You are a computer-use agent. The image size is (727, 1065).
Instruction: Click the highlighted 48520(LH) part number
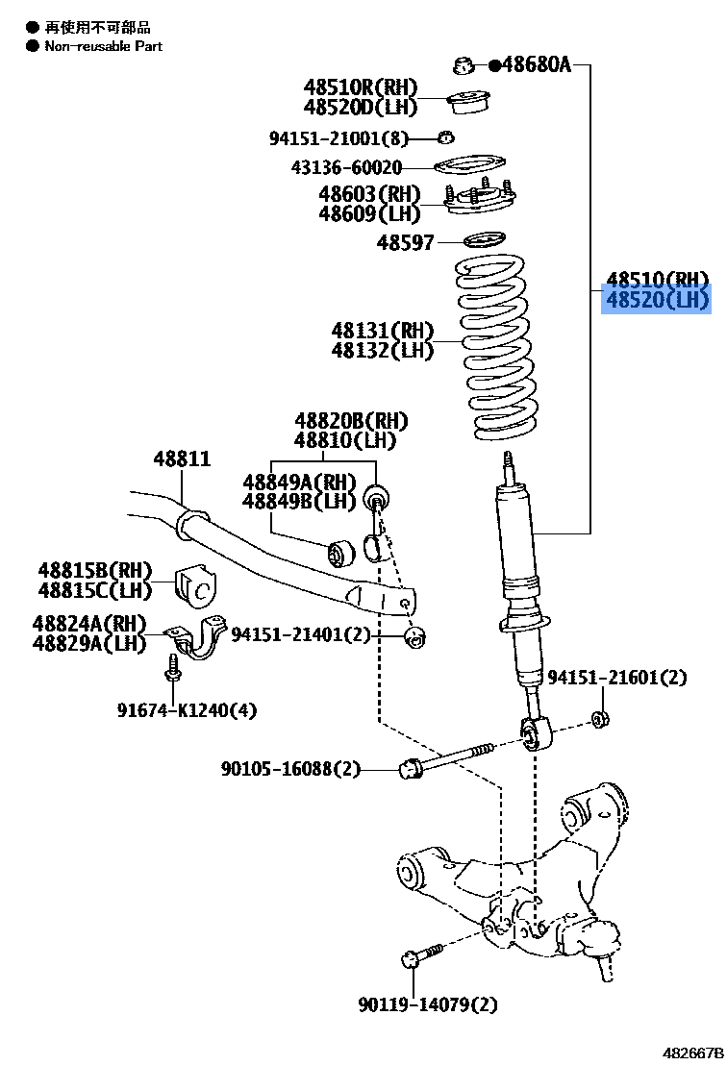click(x=656, y=301)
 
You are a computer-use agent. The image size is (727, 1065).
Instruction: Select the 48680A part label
click(x=536, y=65)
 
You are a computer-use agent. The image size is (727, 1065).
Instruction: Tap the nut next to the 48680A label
click(x=464, y=66)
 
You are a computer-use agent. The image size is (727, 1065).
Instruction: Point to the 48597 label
click(x=405, y=242)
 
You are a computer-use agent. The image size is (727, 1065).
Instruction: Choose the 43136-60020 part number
click(x=346, y=168)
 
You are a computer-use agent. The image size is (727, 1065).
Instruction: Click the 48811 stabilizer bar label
click(x=182, y=460)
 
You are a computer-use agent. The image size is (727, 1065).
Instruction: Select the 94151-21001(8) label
click(x=338, y=138)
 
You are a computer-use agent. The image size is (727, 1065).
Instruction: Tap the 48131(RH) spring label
click(x=383, y=331)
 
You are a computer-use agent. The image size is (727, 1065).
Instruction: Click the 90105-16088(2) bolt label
click(x=290, y=768)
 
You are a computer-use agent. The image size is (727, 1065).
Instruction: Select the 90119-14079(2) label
click(x=428, y=1005)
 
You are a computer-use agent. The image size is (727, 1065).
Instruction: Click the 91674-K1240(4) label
click(x=188, y=710)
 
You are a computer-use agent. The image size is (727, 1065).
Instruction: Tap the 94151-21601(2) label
click(x=617, y=678)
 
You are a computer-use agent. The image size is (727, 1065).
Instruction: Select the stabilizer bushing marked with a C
click(x=198, y=587)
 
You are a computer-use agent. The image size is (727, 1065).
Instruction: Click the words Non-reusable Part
click(x=103, y=46)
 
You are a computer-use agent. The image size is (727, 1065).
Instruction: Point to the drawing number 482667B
click(x=691, y=1053)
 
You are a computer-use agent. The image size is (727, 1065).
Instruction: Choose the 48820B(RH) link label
click(x=351, y=421)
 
